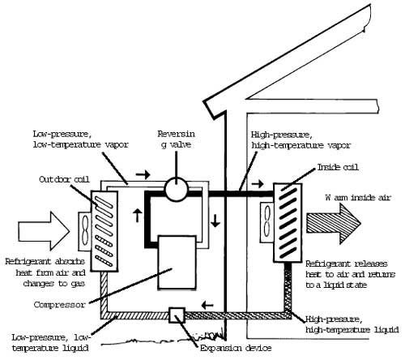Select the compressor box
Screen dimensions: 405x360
click(177, 263)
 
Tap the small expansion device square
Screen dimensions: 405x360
click(177, 315)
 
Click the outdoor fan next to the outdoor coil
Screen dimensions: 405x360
click(85, 231)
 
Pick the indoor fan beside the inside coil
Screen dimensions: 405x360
click(266, 222)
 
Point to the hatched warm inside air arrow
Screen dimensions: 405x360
click(334, 223)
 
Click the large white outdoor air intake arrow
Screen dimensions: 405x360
click(44, 231)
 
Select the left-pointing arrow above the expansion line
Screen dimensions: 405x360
click(207, 306)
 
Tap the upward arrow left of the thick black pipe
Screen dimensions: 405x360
click(138, 215)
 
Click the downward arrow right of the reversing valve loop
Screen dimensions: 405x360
click(215, 221)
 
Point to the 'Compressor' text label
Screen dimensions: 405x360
click(60, 305)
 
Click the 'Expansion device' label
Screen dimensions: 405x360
click(236, 348)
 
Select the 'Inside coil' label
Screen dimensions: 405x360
click(338, 167)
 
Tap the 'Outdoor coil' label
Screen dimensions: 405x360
click(64, 179)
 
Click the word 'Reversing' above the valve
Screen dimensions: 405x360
click(177, 134)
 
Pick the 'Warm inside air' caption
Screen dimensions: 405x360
click(358, 198)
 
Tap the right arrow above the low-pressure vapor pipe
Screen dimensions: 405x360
click(143, 174)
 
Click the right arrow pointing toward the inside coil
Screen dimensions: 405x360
click(258, 184)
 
